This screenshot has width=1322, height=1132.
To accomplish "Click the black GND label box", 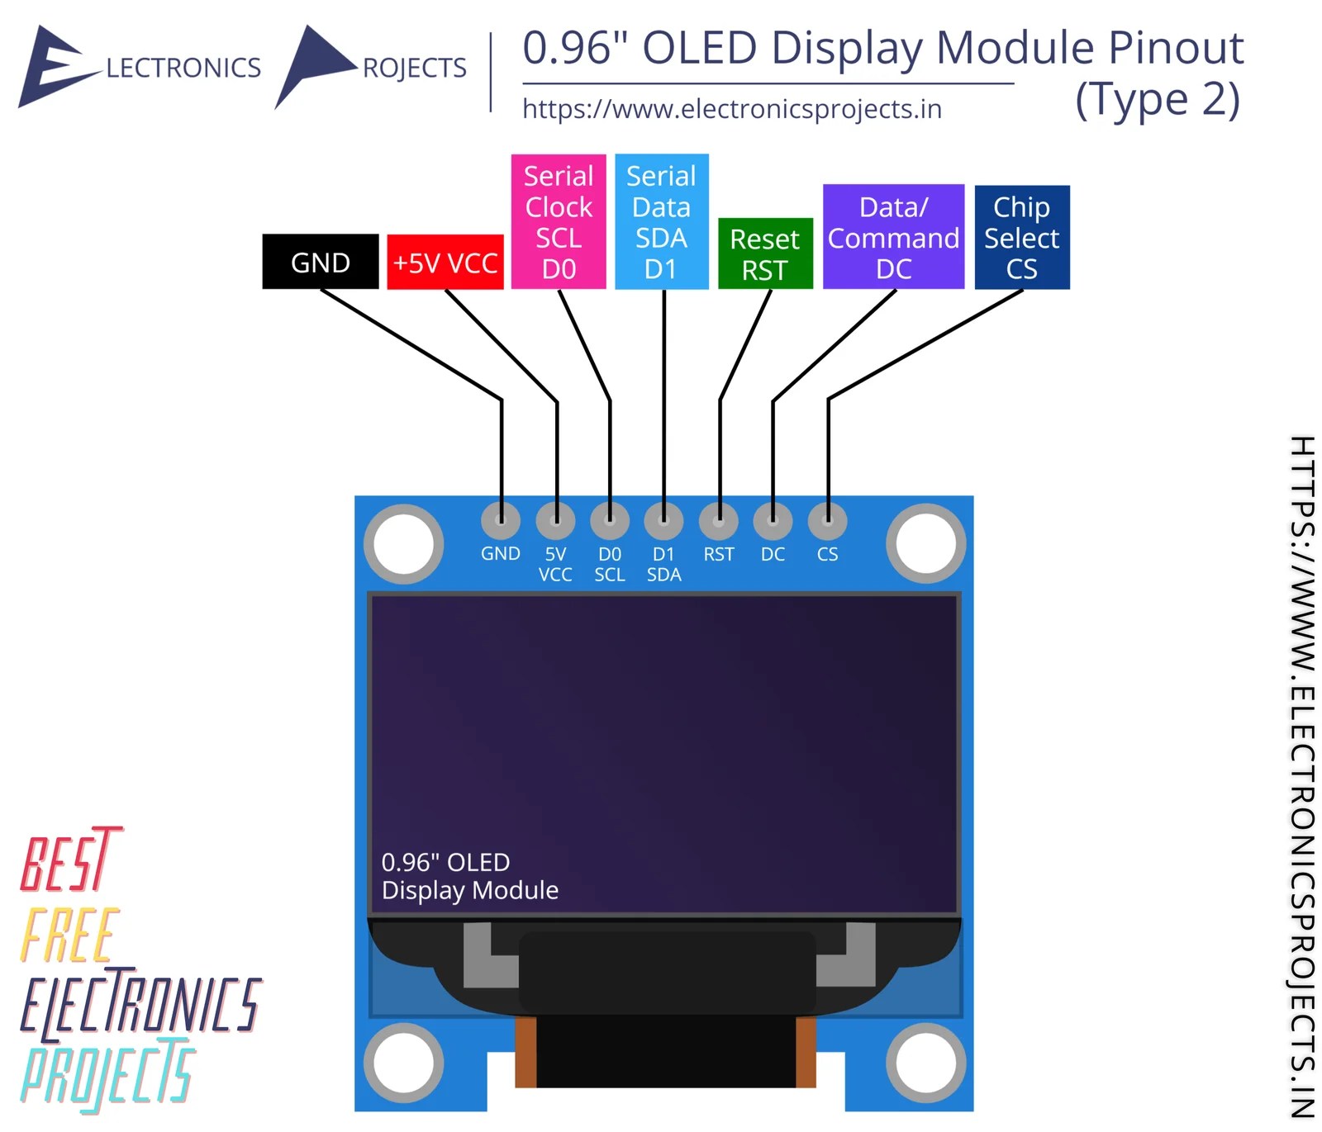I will point(320,262).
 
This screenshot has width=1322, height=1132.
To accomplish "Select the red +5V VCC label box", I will point(445,262).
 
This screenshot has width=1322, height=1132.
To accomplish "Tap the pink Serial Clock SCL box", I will point(558,221).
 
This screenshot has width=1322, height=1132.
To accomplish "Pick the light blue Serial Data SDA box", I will point(661,221).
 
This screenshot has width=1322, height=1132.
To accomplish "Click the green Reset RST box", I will point(764,253).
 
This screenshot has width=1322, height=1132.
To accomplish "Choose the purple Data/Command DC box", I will point(893,237).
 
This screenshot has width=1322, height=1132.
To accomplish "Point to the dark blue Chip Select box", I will point(1021,237).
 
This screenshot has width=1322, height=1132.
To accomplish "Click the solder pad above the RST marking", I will point(718,520).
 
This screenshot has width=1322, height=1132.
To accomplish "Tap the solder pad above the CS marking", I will point(827,520).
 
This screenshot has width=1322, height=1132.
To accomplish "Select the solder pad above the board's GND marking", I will point(501,520).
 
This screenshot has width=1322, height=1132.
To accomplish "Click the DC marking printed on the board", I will point(773,554).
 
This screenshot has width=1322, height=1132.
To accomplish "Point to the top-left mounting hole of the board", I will point(403,544).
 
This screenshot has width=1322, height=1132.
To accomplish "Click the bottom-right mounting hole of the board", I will point(926,1063).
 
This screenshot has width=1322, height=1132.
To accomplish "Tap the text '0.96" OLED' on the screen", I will point(445,862).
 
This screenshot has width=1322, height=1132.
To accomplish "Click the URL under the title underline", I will point(731,109).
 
